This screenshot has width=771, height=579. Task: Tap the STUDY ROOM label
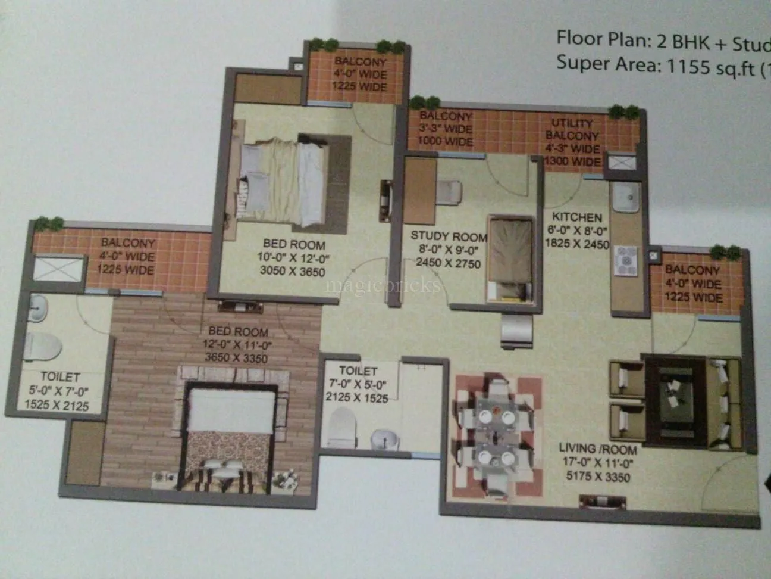click(449, 236)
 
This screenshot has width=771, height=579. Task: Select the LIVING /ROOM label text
click(598, 449)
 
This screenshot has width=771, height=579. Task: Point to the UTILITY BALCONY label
click(572, 129)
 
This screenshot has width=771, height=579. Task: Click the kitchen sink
click(625, 195)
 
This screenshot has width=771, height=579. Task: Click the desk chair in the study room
click(449, 191)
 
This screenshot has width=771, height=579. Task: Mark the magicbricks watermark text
click(384, 285)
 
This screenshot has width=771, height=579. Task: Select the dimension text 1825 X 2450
click(576, 243)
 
